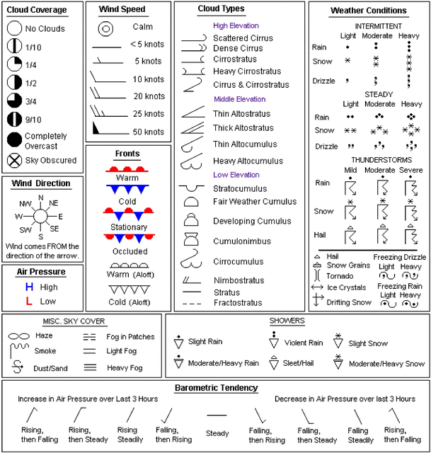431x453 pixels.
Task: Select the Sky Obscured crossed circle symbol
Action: tap(14, 160)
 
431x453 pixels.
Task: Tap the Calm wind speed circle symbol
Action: tap(106, 28)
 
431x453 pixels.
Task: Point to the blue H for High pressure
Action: tap(29, 287)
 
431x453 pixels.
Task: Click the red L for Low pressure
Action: tap(29, 302)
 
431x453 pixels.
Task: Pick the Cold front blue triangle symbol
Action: tap(127, 190)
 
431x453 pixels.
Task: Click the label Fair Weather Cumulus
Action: tap(251, 202)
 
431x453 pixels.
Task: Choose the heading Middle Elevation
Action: tap(240, 99)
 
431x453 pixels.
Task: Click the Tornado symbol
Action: tap(317, 275)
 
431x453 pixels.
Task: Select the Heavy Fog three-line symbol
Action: tap(91, 367)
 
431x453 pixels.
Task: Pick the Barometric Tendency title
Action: tap(217, 388)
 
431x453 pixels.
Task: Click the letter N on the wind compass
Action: tap(41, 197)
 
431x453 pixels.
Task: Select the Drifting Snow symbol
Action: tap(317, 300)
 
